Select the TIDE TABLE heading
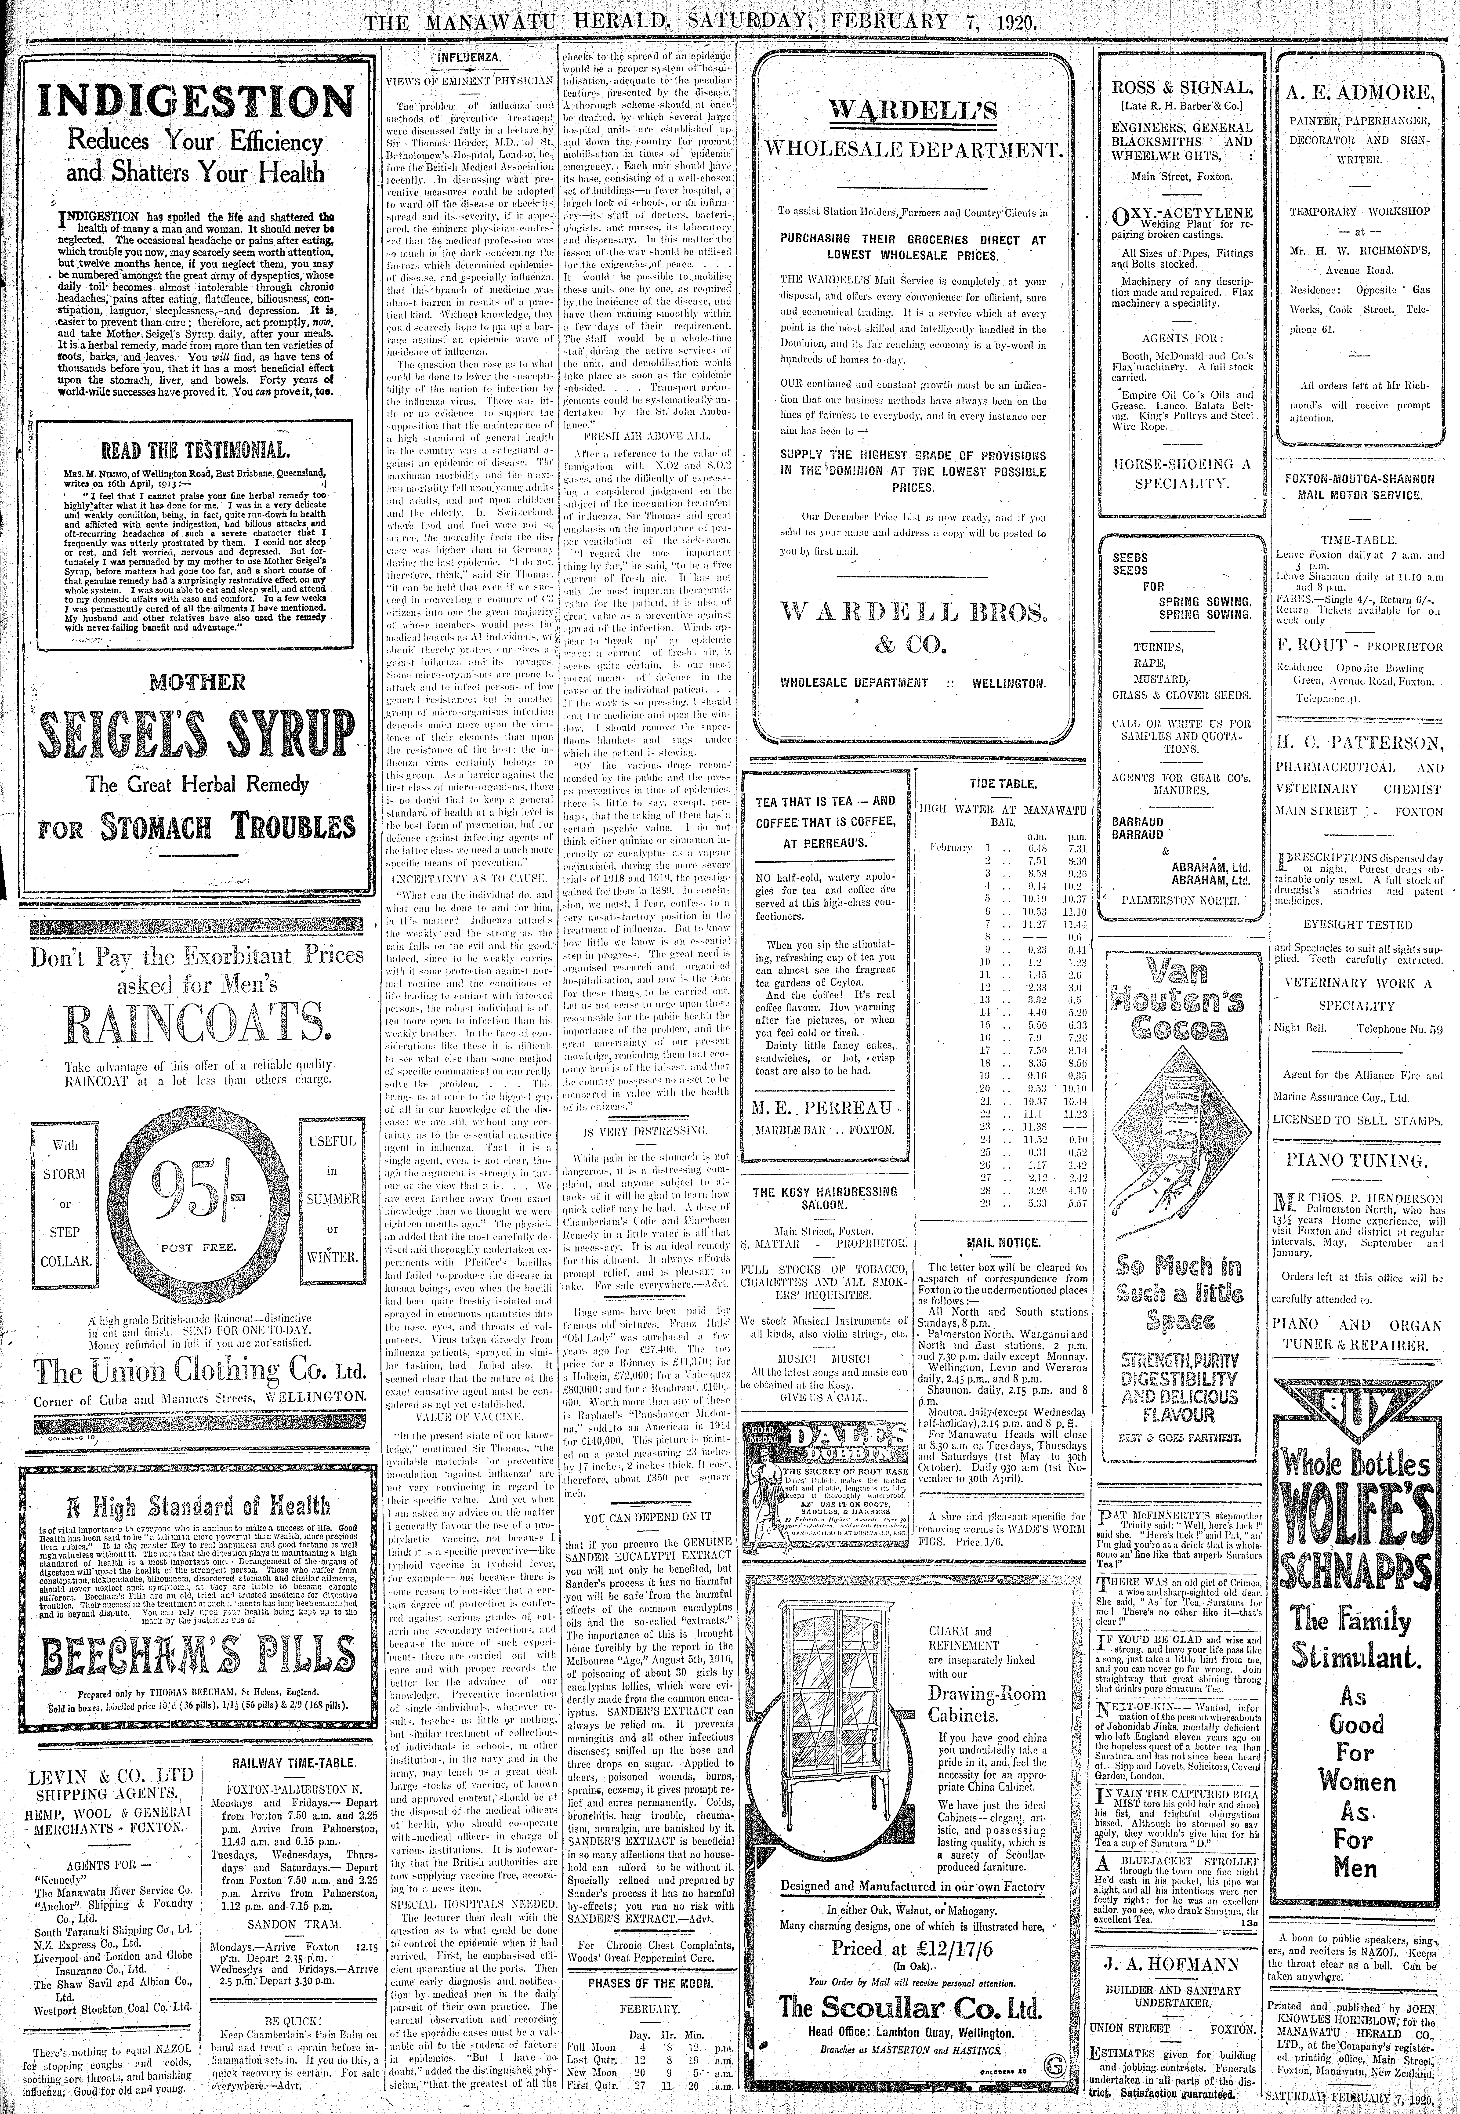tap(1003, 784)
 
